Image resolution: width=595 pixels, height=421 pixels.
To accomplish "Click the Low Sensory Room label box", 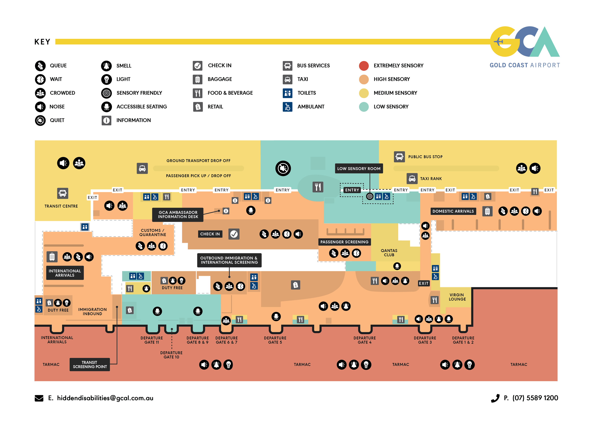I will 359,169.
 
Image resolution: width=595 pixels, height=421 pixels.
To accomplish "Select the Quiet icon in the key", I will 40,120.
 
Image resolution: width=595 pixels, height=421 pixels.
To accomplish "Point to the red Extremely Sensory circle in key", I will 364,66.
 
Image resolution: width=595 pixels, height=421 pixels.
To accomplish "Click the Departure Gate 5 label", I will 275,340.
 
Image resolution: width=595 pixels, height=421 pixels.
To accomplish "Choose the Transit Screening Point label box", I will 90,364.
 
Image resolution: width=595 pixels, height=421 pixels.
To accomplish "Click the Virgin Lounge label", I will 457,297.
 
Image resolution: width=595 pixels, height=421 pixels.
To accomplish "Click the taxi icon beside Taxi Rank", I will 412,179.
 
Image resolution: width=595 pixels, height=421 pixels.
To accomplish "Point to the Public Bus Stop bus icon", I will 399,157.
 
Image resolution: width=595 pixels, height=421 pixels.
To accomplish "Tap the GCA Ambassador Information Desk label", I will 178,214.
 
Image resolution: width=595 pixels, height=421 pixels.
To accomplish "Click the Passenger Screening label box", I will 344,242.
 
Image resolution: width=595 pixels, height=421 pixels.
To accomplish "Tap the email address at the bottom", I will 105,398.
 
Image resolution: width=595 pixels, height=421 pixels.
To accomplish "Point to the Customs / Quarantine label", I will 153,232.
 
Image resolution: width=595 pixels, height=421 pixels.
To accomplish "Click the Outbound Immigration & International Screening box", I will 229,260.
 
